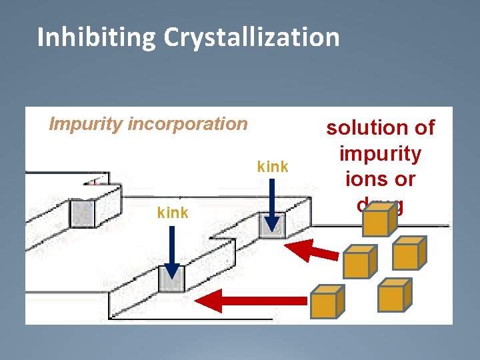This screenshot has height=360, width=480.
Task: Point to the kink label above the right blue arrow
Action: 273,167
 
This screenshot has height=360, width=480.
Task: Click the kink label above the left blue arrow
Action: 172,213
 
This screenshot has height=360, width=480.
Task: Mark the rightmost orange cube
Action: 406,252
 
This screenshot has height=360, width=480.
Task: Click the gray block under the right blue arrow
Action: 273,225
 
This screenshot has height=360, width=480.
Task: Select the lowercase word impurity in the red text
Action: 380,155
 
